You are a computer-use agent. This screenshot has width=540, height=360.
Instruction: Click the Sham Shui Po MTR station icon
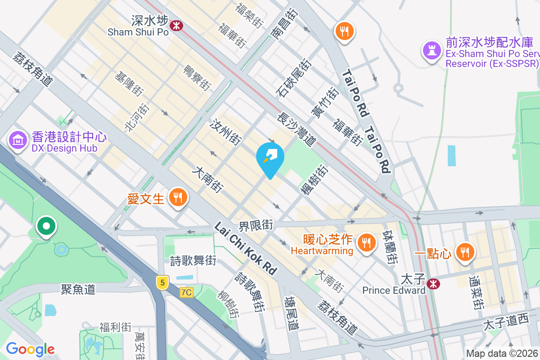pyautogui.click(x=176, y=25)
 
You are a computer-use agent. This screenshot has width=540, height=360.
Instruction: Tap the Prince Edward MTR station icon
pyautogui.click(x=433, y=283)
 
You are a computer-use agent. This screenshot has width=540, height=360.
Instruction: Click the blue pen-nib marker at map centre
pyautogui.click(x=270, y=157)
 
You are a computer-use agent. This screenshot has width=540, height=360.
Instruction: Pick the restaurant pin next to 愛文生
pyautogui.click(x=178, y=198)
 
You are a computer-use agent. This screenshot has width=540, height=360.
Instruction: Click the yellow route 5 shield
pyautogui.click(x=162, y=283)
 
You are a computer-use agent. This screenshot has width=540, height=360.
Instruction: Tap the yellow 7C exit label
pyautogui.click(x=186, y=292)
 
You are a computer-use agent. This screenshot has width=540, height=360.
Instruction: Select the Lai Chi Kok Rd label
pyautogui.click(x=245, y=248)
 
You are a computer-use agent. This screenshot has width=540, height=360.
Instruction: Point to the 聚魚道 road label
pyautogui.click(x=78, y=289)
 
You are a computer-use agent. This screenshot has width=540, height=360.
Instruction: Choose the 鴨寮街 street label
pyautogui.click(x=197, y=77)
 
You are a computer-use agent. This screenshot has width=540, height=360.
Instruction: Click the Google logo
pyautogui.click(x=30, y=349)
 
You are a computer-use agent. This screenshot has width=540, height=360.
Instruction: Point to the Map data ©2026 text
pyautogui.click(x=502, y=354)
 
